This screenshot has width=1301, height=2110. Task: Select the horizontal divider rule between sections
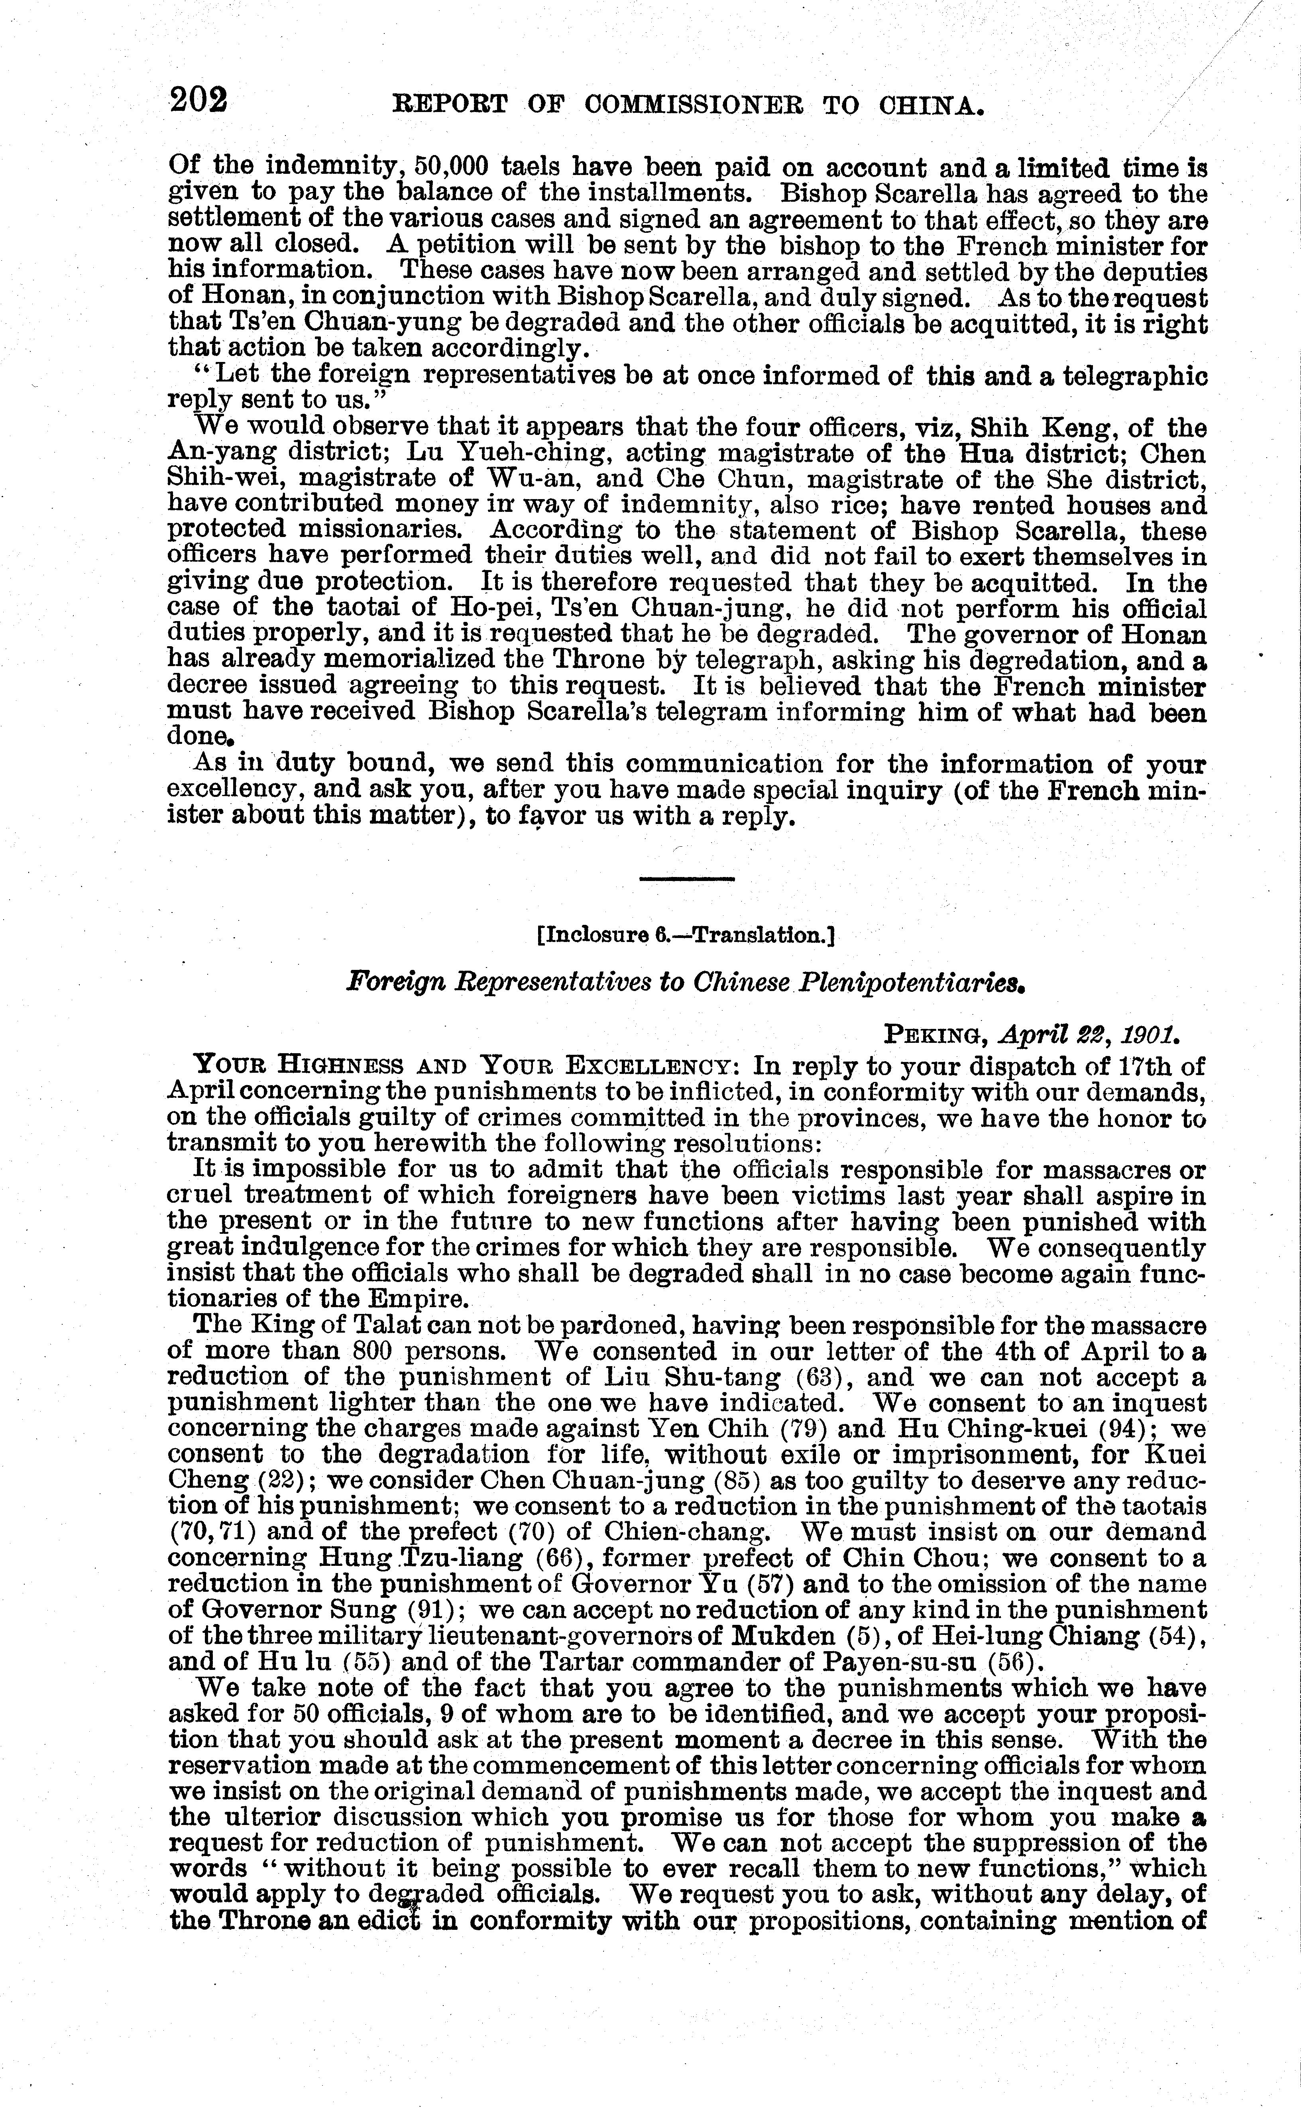(x=687, y=879)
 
